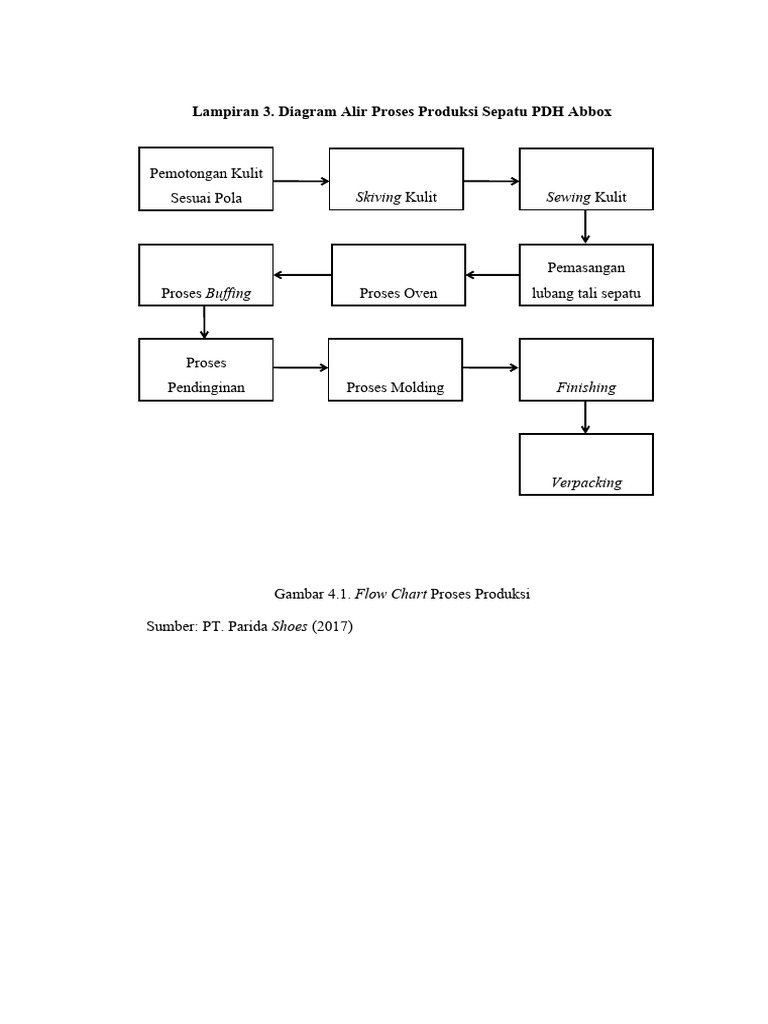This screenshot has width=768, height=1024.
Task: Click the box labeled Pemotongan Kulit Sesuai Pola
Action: point(206,179)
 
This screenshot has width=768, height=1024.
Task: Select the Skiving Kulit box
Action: point(396,179)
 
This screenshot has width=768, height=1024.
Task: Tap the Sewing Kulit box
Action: point(586,179)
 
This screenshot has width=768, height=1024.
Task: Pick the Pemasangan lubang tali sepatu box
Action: point(586,275)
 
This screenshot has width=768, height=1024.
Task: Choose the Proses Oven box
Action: point(398,275)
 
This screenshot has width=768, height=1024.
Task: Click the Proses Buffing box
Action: point(206,275)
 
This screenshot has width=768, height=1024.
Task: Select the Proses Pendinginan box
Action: point(206,370)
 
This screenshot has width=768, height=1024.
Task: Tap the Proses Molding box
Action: point(395,370)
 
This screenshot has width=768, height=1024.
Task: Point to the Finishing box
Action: point(586,370)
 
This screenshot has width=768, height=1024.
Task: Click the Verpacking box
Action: point(586,464)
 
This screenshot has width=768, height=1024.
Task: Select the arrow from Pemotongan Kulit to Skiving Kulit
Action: point(301,181)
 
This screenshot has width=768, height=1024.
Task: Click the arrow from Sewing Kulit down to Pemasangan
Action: point(585,227)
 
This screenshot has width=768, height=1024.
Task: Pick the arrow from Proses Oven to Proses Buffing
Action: point(302,275)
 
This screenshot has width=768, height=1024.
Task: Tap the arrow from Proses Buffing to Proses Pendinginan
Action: point(204,323)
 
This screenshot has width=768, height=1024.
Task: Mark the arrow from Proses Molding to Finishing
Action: point(490,368)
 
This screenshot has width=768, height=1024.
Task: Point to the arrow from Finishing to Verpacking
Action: point(585,417)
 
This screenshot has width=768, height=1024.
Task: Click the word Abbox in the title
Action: point(590,112)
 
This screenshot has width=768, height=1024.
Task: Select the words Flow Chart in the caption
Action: point(391,594)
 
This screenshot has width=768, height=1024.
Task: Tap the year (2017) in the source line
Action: point(332,626)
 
